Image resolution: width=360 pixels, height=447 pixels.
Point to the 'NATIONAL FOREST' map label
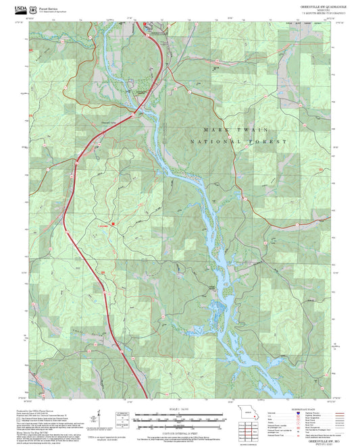point(239,142)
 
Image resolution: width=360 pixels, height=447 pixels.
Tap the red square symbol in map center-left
point(113,223)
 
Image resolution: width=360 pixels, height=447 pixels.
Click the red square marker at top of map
point(145,24)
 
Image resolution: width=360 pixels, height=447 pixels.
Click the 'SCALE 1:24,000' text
point(179,408)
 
